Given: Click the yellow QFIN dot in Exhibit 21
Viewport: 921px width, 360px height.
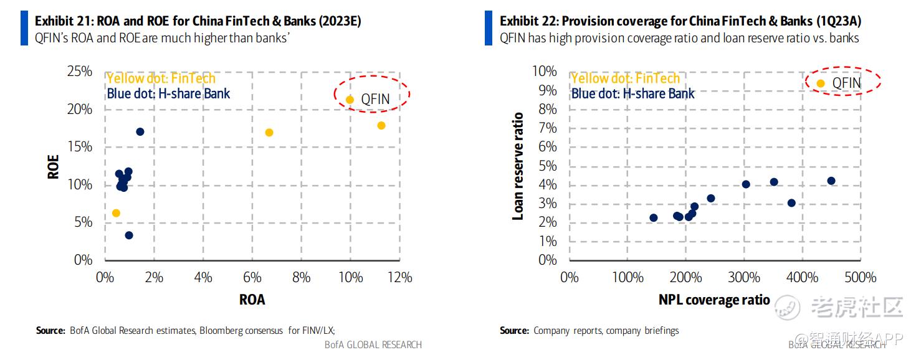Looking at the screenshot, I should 350,100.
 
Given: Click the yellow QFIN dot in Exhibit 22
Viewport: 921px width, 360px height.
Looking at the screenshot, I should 821,83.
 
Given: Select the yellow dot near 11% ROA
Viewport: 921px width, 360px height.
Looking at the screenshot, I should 381,126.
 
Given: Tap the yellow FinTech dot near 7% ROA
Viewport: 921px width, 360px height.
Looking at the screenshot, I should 269,133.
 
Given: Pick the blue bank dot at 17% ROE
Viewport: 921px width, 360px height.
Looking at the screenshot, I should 140,131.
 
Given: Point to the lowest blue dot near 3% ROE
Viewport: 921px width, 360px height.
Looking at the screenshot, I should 129,235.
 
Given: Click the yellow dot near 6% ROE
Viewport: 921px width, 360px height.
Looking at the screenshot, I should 116,213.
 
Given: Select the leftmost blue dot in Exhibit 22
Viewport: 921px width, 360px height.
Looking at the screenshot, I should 653,218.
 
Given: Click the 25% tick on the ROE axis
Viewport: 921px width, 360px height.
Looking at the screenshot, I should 79,72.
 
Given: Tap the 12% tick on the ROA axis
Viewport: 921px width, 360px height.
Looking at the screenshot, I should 399,277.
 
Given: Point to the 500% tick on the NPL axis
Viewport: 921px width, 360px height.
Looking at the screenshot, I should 861,277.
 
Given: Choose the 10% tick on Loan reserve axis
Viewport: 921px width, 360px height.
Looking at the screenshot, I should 544,72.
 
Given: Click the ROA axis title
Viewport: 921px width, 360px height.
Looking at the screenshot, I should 252,300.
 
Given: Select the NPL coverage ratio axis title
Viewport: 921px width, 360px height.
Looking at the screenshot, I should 714,300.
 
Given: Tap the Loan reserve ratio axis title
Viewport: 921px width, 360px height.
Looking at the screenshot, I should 517,166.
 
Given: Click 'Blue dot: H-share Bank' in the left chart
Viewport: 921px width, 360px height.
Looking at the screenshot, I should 168,94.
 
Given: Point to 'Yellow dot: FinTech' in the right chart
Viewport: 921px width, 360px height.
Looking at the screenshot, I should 625,78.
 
